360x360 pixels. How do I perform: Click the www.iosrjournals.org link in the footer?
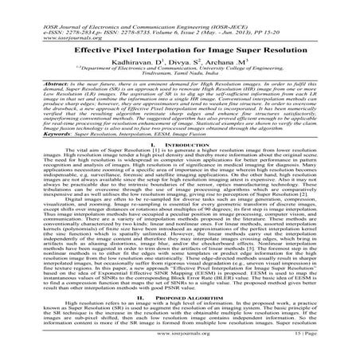179,348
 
